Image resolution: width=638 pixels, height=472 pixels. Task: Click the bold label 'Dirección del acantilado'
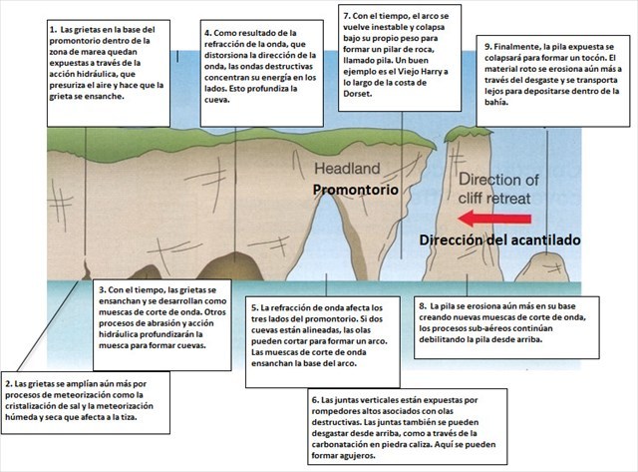pyautogui.click(x=497, y=240)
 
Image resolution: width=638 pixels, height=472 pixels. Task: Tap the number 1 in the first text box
pyautogui.click(x=52, y=31)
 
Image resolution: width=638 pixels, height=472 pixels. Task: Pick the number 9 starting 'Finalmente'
pyautogui.click(x=487, y=47)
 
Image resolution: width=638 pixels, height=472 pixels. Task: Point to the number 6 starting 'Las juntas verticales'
pyautogui.click(x=315, y=399)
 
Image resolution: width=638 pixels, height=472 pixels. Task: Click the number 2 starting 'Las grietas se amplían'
pyautogui.click(x=9, y=383)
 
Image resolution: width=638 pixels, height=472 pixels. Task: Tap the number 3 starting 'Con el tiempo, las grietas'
pyautogui.click(x=103, y=289)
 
